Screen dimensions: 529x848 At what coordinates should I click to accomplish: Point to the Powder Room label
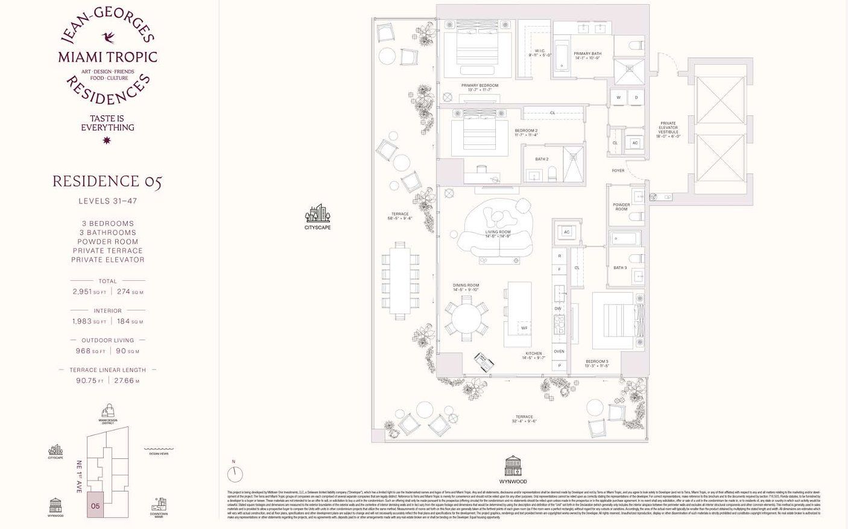pyautogui.click(x=621, y=207)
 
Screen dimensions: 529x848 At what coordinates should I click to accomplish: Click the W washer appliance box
pyautogui.click(x=618, y=97)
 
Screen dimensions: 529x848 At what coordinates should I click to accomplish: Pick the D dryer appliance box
pyautogui.click(x=636, y=97)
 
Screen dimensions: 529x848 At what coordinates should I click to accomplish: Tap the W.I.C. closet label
pyautogui.click(x=540, y=53)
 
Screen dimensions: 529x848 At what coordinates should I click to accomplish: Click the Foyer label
pyautogui.click(x=618, y=170)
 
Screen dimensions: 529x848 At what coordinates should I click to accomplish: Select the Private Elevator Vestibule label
pyautogui.click(x=668, y=129)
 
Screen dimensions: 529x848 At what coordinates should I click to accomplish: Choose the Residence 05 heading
pyautogui.click(x=107, y=181)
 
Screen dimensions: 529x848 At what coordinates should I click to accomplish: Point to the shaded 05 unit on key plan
pyautogui.click(x=95, y=505)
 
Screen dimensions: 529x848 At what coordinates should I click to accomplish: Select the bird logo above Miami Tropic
pyautogui.click(x=109, y=38)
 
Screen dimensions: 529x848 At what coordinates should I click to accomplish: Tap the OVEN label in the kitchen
pyautogui.click(x=559, y=351)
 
